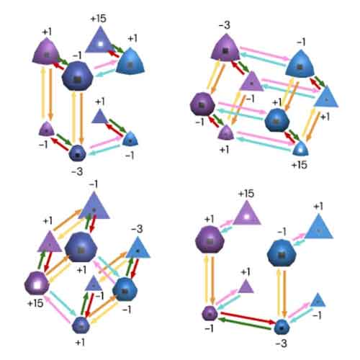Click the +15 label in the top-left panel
(99, 19)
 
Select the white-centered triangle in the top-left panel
(100, 41)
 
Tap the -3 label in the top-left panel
(77, 171)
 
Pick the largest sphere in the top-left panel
(77, 76)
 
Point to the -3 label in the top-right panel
(225, 25)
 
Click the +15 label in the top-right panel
(300, 165)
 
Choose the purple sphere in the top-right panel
(202, 104)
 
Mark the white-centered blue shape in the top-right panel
(301, 148)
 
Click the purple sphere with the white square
(37, 284)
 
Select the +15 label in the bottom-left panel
(35, 303)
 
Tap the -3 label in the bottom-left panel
(137, 229)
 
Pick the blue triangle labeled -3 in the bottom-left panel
(138, 248)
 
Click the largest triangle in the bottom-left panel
(94, 206)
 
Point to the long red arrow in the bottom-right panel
(248, 318)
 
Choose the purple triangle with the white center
(247, 214)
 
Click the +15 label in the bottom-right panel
(246, 194)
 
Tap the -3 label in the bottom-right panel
(282, 343)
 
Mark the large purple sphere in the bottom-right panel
(210, 239)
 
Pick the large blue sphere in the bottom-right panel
(282, 253)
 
